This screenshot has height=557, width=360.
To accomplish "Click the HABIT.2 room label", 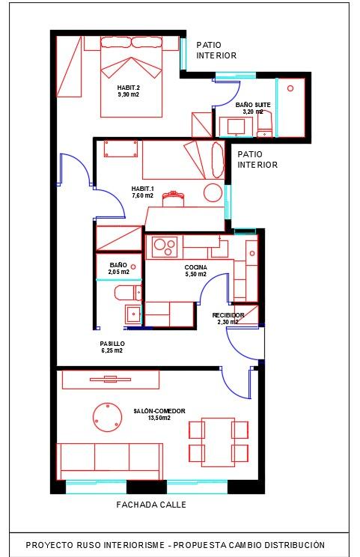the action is pos(128,88).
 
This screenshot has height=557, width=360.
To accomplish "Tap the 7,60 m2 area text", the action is pos(142,195).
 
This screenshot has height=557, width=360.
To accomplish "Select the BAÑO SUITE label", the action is pos(253,105).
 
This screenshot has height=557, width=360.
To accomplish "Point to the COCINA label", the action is pos(195,267).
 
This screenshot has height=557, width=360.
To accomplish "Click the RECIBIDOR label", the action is pos(228,315).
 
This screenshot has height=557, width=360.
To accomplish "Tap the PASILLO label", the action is pos(112,344).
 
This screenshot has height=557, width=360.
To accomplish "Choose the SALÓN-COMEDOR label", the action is pos(159,411).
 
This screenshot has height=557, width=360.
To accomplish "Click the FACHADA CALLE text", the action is pos(151,505).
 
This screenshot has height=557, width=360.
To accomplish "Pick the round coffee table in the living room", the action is pos(107,418).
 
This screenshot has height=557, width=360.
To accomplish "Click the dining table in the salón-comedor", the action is pos(219,442).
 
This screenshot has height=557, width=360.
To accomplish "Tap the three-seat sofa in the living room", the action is pos(110,461).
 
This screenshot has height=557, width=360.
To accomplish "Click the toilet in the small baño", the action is pos(128,293).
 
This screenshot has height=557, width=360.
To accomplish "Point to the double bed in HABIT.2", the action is pos(132,76).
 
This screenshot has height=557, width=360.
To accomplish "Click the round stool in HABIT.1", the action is pos(213,192).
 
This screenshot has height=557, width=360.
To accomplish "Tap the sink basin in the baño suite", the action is pos(236,127).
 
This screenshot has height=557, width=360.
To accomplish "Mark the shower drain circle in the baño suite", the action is pos(290,88).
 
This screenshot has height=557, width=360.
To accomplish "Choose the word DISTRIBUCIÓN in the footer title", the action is pos(297,545).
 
